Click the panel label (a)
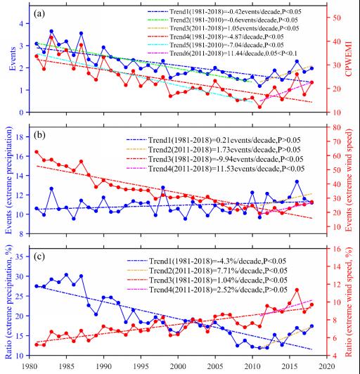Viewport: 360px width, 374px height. [x=39, y=13]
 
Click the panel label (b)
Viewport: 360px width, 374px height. [x=39, y=135]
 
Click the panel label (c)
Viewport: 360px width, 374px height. [x=39, y=257]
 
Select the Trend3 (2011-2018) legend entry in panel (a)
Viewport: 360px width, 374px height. [x=224, y=28]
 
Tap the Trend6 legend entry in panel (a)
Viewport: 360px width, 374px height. [x=222, y=53]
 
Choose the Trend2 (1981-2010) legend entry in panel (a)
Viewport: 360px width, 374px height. [x=223, y=20]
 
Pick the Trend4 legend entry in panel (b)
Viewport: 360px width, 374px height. [x=216, y=169]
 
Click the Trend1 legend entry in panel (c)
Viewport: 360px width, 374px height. [x=207, y=262]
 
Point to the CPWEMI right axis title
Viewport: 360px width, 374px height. [x=349, y=59]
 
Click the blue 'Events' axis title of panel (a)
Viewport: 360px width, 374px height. [x=13, y=59]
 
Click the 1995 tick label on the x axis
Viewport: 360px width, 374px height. [x=141, y=366]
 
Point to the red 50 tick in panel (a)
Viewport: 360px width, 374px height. [x=337, y=18]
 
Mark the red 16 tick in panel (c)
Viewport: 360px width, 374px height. [x=337, y=249]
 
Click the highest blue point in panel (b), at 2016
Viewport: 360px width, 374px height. [x=297, y=182]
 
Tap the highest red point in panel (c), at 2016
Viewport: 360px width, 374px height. [x=297, y=290]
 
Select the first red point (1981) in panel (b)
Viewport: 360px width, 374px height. [x=37, y=152]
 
